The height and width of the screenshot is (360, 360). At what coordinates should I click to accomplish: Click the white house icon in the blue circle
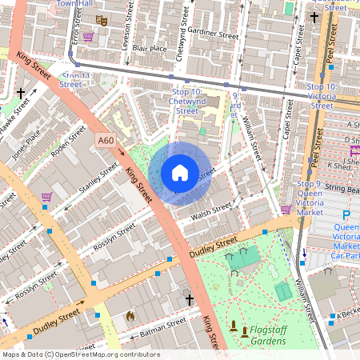(180, 172)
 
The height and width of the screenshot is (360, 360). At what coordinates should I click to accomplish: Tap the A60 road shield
(106, 141)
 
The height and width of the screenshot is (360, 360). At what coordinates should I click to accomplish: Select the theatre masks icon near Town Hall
(102, 20)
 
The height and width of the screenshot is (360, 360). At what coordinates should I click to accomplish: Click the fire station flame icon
(130, 316)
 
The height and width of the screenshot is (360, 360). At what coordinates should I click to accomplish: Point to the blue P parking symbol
(346, 216)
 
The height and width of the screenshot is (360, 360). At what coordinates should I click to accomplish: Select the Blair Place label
(150, 49)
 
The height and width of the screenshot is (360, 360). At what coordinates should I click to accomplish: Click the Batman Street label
(162, 326)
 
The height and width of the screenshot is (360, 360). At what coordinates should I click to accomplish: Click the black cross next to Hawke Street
(20, 94)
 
